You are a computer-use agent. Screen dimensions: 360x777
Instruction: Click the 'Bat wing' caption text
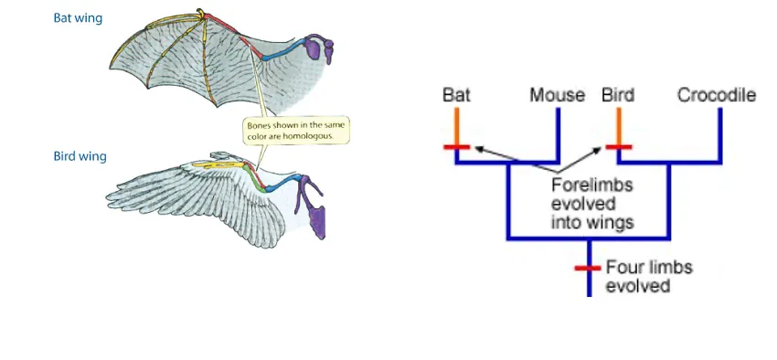tap(78, 18)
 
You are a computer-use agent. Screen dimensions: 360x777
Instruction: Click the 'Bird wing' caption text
tap(80, 156)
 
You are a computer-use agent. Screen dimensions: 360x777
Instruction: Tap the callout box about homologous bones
tap(297, 129)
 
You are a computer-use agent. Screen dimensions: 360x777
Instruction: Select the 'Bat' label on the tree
tap(455, 95)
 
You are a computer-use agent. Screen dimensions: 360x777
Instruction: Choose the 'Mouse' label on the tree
tap(558, 95)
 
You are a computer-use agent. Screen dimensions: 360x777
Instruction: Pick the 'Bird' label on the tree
tap(618, 95)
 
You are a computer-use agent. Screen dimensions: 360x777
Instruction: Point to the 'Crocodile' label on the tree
tap(717, 95)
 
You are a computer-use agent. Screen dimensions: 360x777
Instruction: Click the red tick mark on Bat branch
tap(456, 147)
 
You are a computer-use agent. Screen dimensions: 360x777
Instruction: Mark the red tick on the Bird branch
tap(619, 147)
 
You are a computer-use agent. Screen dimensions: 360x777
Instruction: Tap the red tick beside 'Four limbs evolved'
tap(587, 269)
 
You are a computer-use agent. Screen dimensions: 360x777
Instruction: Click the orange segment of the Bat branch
tap(456, 126)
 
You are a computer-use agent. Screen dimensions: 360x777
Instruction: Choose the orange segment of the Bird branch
tap(619, 126)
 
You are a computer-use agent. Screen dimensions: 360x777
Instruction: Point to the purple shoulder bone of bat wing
tap(316, 48)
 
